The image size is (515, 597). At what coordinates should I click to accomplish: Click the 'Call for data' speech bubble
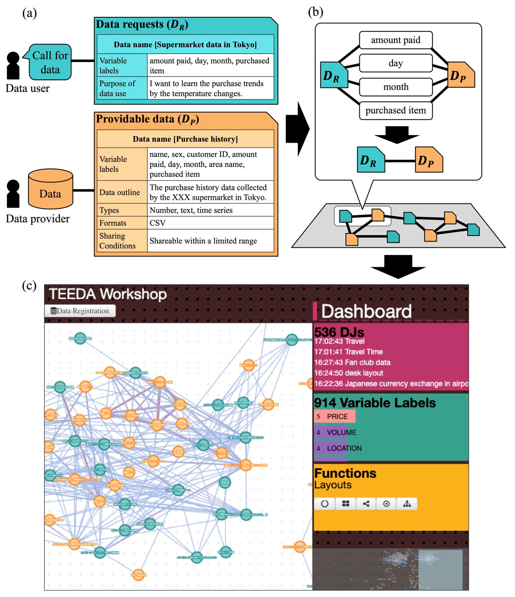coord(50,62)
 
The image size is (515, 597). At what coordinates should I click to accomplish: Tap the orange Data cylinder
coord(50,189)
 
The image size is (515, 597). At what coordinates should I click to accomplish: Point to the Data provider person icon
coord(13,194)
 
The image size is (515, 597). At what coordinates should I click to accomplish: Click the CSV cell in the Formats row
coord(210,223)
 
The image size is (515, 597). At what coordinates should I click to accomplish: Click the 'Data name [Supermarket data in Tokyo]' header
coord(185,44)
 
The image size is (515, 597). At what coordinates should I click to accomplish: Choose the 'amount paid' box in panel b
coord(396,40)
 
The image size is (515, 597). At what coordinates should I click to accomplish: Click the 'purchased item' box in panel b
coord(396,110)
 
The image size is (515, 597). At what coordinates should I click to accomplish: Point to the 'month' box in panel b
coord(396,87)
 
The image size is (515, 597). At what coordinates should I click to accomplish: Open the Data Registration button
coord(80,311)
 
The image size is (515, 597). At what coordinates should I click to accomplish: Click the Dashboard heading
coord(366,311)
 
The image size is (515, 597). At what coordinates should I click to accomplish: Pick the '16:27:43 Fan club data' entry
coord(352,363)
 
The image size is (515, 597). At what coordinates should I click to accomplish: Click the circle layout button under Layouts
coord(325,504)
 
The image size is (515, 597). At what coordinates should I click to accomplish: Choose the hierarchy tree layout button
coord(407,504)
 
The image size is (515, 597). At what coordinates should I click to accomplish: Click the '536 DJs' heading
coord(339,332)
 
